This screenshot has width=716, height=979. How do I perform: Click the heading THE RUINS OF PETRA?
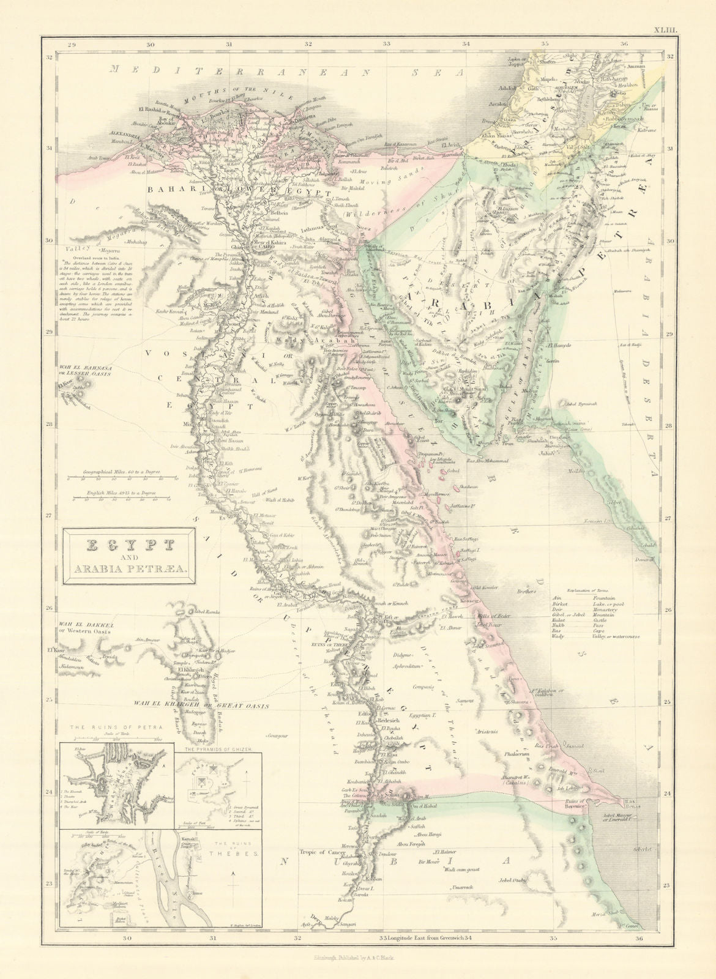(x=114, y=729)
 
